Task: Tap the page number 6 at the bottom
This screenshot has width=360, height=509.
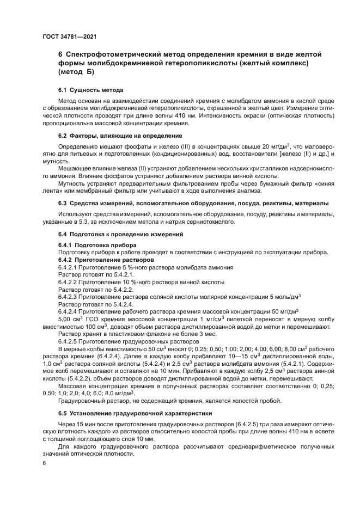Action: point(44,462)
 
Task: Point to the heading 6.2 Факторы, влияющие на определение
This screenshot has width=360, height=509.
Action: point(120,135)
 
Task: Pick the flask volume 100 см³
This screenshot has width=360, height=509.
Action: point(96,327)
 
